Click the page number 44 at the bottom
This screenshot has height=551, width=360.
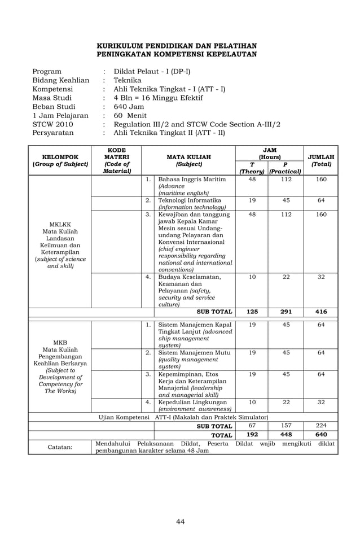[x=180, y=521]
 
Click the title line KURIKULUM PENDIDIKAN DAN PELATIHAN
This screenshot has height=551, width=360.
[x=177, y=46]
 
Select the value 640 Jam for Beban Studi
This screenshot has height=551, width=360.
[x=129, y=107]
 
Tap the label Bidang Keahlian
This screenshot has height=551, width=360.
[x=60, y=81]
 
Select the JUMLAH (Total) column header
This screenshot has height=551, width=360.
[x=321, y=161]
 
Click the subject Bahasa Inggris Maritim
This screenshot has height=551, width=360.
[x=192, y=180]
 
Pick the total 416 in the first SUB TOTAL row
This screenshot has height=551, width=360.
[x=321, y=312]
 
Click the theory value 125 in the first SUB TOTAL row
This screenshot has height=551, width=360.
[x=252, y=312]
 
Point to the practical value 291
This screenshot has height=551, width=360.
[x=286, y=312]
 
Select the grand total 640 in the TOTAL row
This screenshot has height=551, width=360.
[x=321, y=435]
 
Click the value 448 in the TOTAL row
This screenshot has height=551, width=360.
[x=286, y=435]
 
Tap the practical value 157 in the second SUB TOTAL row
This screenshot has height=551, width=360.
[x=286, y=426]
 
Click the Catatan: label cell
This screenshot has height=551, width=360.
[x=60, y=447]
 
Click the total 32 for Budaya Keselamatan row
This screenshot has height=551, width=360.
[x=321, y=277]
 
